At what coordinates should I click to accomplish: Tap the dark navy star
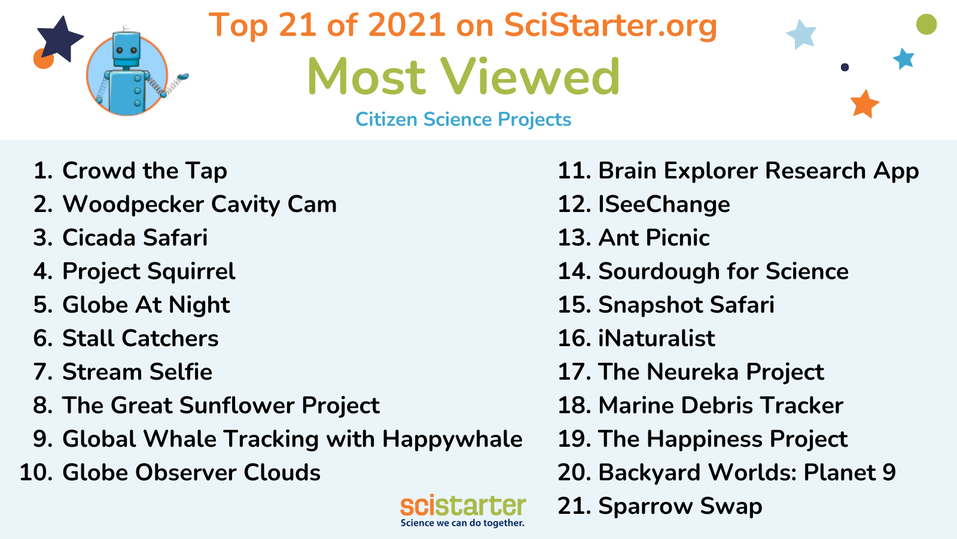click(x=60, y=38)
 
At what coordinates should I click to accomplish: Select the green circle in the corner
click(x=926, y=25)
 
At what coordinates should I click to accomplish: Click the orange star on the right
click(x=865, y=104)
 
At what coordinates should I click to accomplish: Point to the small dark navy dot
click(x=845, y=67)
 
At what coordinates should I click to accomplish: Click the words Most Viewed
click(x=464, y=77)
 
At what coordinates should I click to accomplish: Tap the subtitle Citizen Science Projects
click(x=463, y=119)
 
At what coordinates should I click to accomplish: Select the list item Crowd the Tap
click(x=144, y=171)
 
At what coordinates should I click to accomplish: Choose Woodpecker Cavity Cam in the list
click(x=200, y=204)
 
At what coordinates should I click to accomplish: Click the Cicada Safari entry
click(x=135, y=238)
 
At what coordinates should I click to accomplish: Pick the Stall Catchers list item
click(x=140, y=338)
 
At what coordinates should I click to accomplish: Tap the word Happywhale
click(x=452, y=440)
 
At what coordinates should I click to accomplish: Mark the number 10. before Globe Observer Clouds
click(x=36, y=473)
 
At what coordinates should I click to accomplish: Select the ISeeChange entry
click(x=664, y=204)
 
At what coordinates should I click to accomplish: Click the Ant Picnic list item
click(x=654, y=238)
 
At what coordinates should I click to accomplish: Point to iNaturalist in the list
click(x=657, y=338)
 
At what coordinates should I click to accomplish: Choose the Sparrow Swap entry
click(x=680, y=507)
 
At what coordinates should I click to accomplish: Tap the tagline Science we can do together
click(x=462, y=523)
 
